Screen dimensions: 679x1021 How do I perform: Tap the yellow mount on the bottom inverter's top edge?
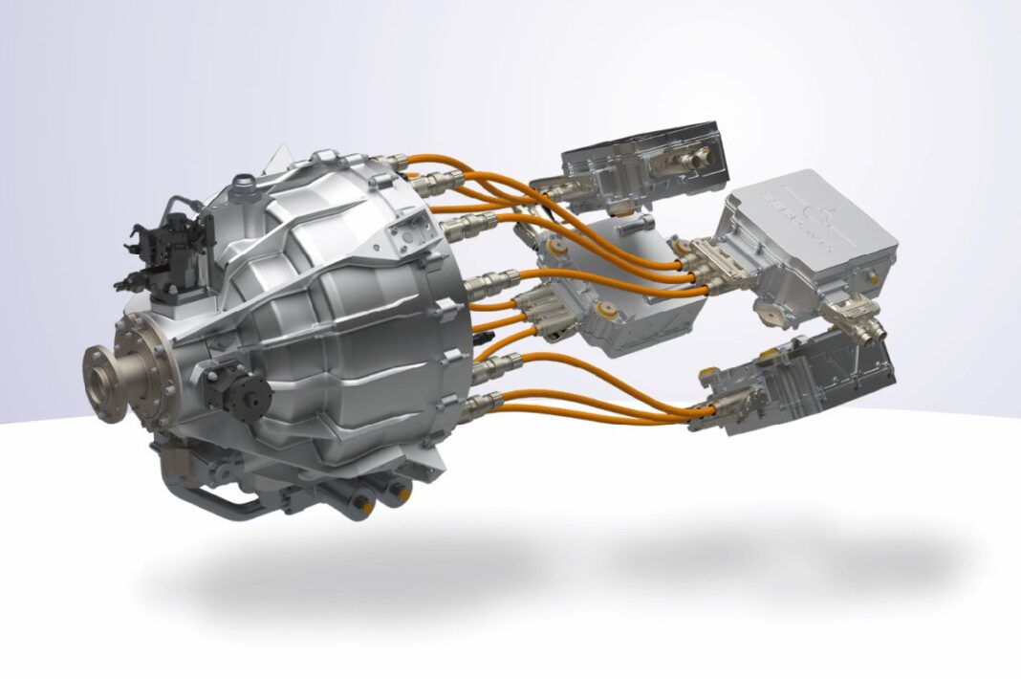pyautogui.click(x=713, y=373)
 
